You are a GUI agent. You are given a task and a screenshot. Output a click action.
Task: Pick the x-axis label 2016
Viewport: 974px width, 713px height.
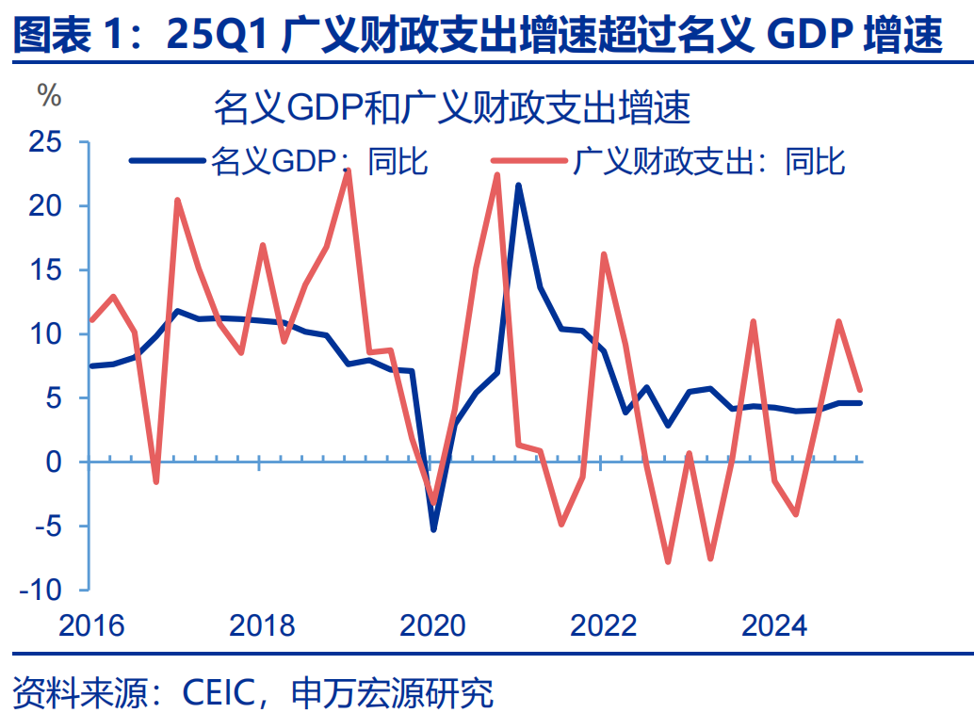click(90, 625)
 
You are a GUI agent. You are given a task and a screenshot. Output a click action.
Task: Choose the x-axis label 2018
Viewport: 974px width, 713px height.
click(261, 625)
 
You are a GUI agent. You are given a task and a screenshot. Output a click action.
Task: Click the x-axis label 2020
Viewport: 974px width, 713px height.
click(432, 625)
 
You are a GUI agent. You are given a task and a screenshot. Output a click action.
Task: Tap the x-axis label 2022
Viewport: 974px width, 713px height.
click(603, 625)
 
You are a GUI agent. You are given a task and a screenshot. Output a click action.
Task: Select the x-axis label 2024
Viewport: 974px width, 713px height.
click(773, 625)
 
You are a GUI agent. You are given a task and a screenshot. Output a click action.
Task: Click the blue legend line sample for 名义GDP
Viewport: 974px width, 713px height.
click(166, 162)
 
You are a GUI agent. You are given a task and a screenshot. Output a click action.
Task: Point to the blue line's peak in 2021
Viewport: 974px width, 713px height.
click(518, 186)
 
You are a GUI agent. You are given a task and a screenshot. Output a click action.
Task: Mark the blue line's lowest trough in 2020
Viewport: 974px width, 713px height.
click(433, 529)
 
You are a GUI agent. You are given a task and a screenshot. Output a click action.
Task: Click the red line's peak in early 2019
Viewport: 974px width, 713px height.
click(348, 170)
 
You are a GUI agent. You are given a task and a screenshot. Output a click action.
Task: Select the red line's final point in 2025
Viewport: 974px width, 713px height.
click(859, 389)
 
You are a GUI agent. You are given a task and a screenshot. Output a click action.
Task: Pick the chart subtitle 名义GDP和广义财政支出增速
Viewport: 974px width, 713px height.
click(452, 108)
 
